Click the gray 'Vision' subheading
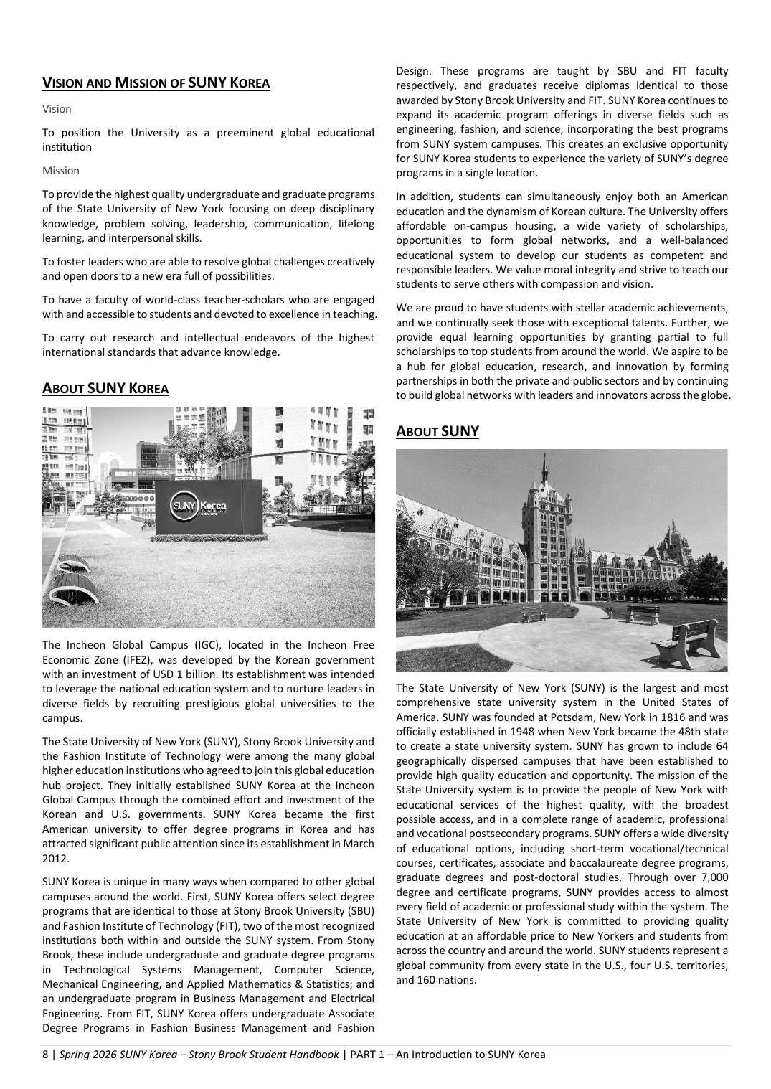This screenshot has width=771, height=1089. pyautogui.click(x=57, y=109)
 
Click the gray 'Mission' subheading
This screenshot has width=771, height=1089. pyautogui.click(x=61, y=171)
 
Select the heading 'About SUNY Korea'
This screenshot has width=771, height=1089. pyautogui.click(x=105, y=389)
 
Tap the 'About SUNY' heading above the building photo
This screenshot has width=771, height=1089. pyautogui.click(x=437, y=431)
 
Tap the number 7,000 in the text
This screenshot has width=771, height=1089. pyautogui.click(x=713, y=877)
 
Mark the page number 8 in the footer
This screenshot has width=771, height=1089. pyautogui.click(x=46, y=1055)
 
